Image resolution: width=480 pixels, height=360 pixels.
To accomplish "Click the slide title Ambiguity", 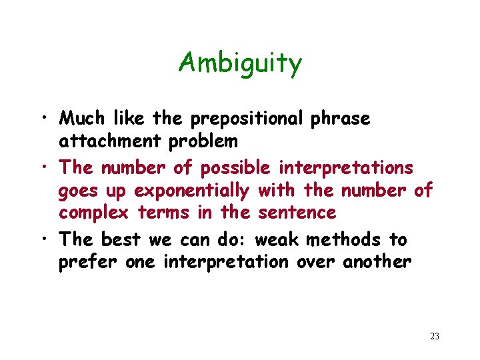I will (x=240, y=63).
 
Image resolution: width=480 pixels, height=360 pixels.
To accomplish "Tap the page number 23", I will (x=435, y=336).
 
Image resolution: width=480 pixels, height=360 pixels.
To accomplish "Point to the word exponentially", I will (x=191, y=191).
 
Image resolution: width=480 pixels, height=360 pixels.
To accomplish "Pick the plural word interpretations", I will (x=346, y=167).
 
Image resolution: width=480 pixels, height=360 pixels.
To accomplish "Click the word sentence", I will (x=298, y=213).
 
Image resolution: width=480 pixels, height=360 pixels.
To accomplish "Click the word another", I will (x=377, y=262).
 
